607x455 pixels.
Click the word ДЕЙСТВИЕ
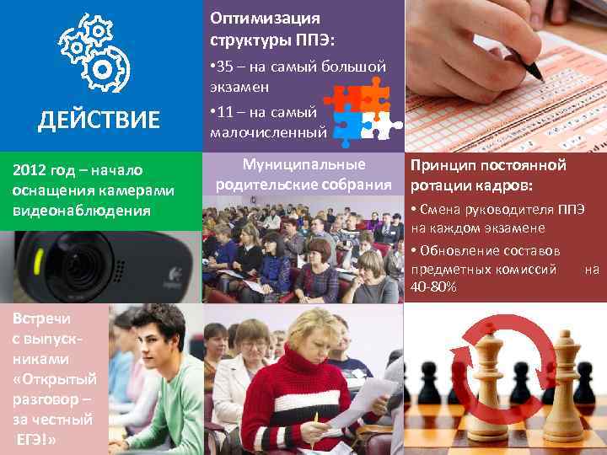point(99,120)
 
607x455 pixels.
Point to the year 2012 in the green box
point(31,172)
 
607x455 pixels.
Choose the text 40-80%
point(434,288)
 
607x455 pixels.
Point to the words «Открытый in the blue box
point(55,378)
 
